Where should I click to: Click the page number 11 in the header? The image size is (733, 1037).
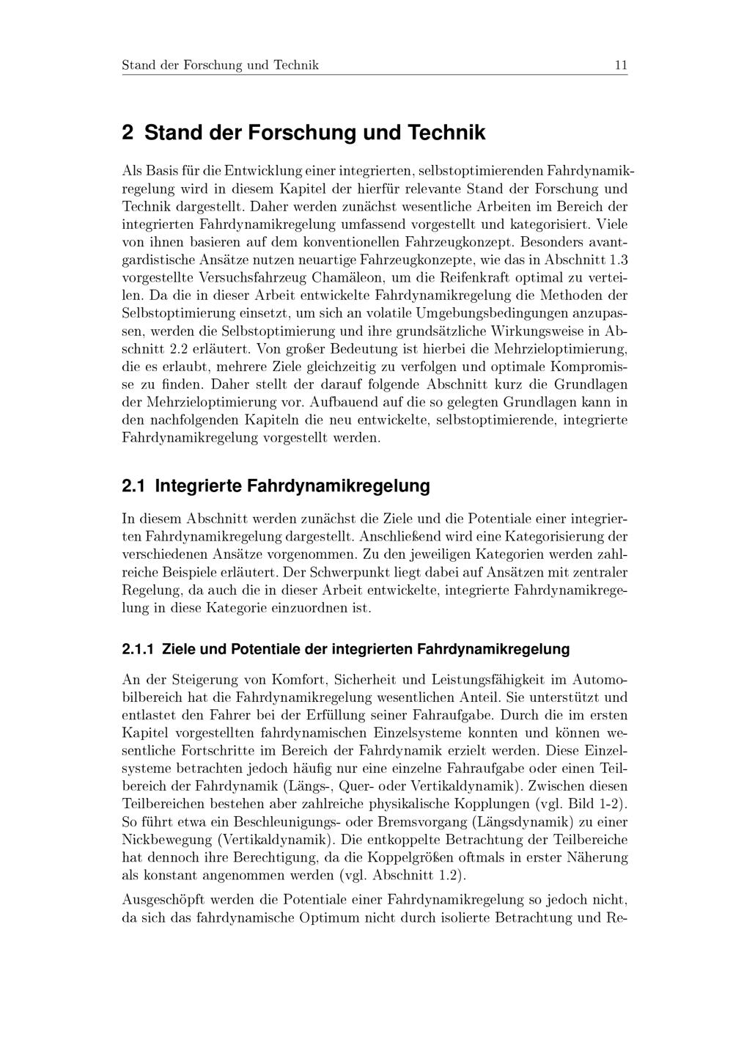620,65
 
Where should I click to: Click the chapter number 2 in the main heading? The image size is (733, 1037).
128,133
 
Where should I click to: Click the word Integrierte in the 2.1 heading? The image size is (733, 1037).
197,486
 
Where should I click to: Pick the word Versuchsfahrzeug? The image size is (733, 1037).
248,279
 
